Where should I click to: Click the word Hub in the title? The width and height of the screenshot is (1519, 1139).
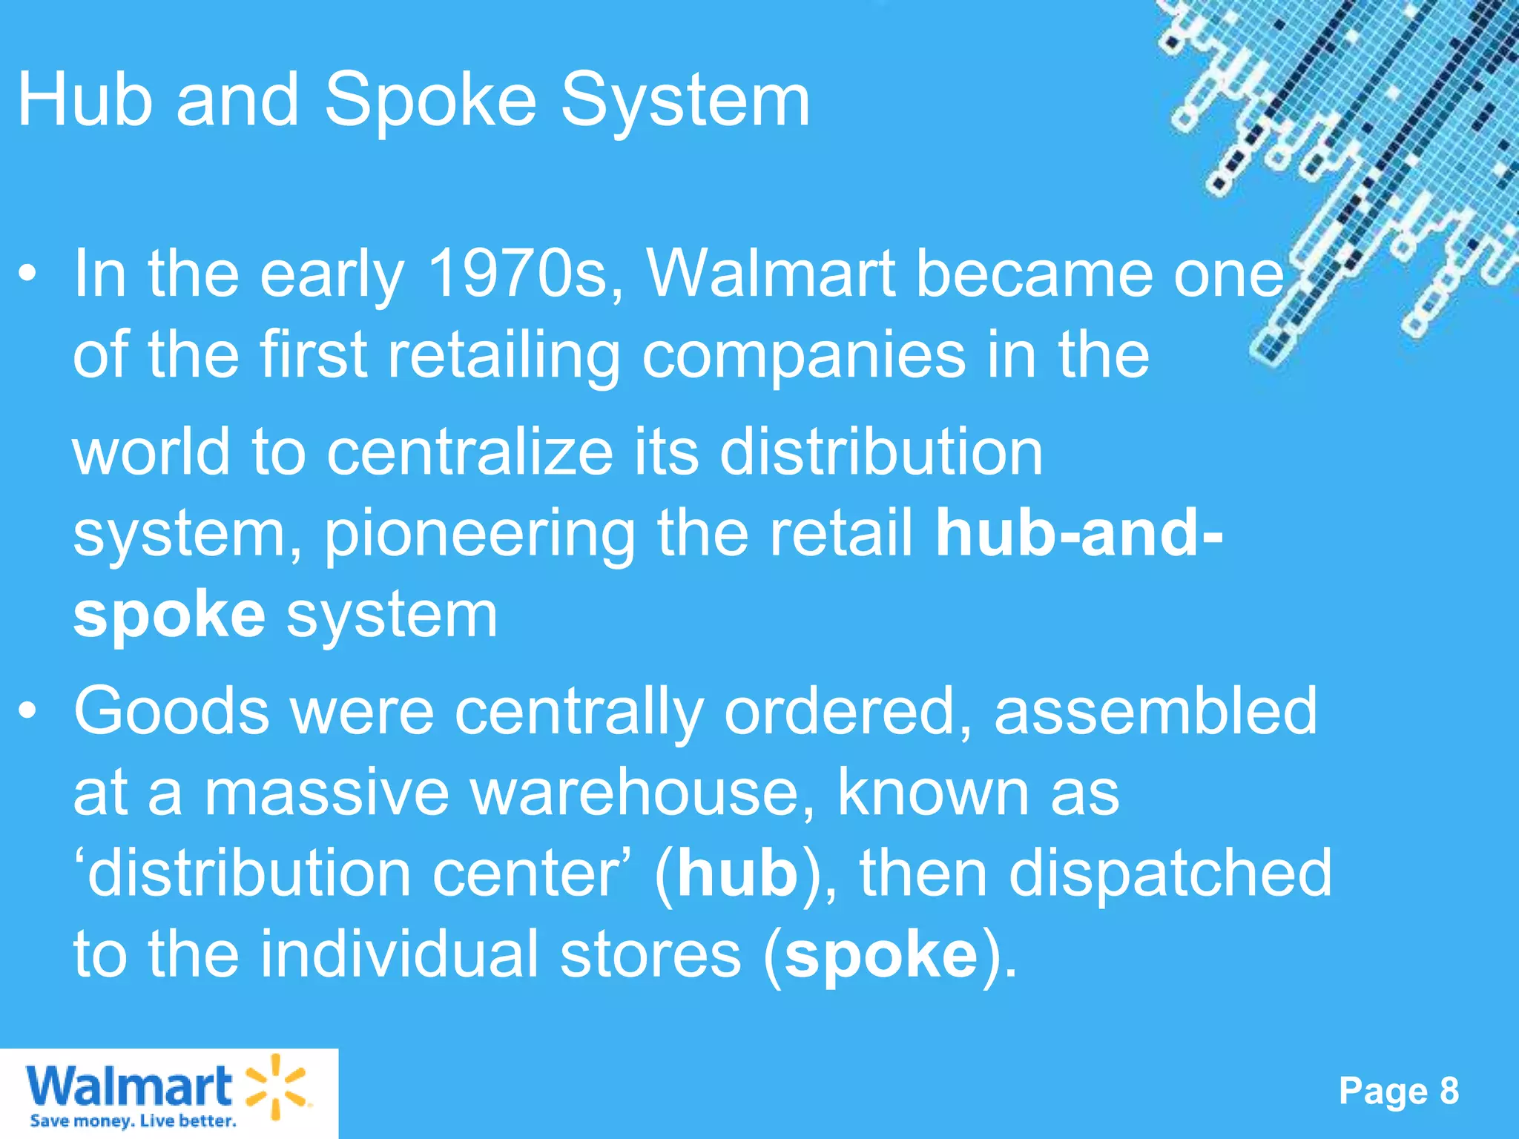coord(85,100)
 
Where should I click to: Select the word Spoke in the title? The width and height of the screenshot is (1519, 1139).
coord(430,100)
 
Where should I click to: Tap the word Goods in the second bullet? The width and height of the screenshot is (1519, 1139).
coord(171,710)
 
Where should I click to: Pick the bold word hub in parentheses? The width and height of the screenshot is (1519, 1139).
coord(737,874)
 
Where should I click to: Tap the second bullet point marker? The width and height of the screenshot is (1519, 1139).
coord(27,711)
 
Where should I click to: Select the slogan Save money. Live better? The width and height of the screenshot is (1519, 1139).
coord(133,1120)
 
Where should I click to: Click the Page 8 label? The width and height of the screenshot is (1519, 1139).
coord(1399,1091)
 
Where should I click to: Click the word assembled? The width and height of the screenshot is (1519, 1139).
coord(1155,710)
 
